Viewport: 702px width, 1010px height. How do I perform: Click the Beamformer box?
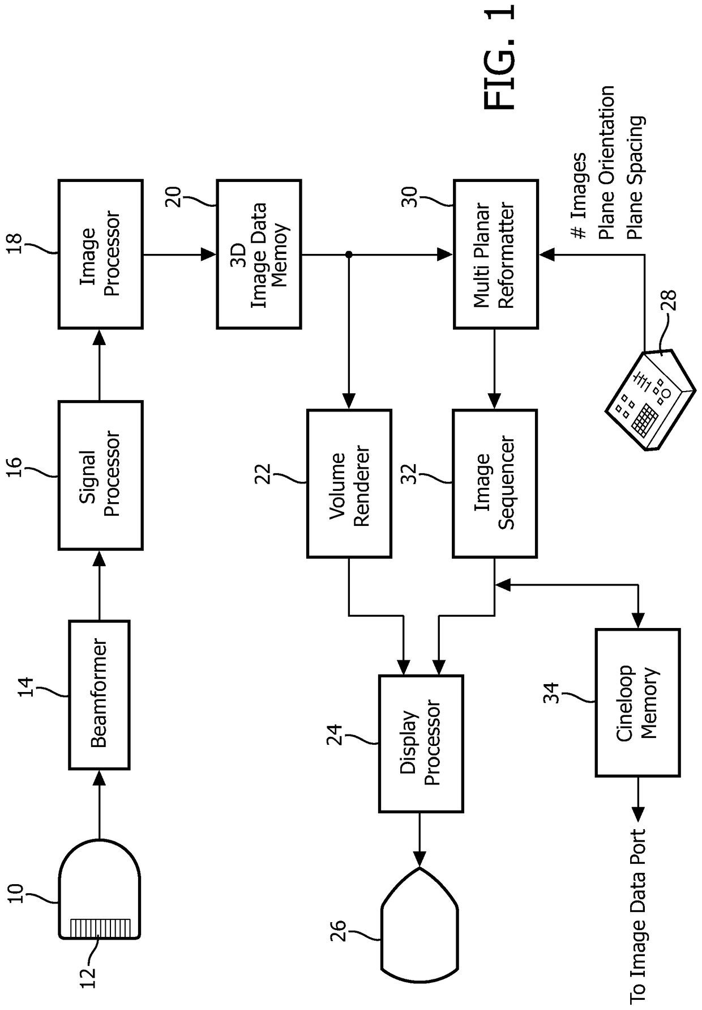99,694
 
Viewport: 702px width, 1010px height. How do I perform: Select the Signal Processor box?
100,475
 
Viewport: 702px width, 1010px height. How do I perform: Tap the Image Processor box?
100,254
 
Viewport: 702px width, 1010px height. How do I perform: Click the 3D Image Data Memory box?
259,254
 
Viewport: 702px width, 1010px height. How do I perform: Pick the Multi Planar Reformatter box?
495,254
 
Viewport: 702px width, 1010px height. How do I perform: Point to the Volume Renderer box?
349,483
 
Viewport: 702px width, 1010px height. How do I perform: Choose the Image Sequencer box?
494,483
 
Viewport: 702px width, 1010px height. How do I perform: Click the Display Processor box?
421,743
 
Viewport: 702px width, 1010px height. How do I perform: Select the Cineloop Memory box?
637,702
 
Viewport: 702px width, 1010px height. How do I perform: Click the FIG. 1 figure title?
500,57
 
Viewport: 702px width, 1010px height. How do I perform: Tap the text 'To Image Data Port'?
638,918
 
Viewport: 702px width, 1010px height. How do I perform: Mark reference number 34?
551,693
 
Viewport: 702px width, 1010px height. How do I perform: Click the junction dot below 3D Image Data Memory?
349,254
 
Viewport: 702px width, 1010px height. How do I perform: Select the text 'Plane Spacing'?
636,177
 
